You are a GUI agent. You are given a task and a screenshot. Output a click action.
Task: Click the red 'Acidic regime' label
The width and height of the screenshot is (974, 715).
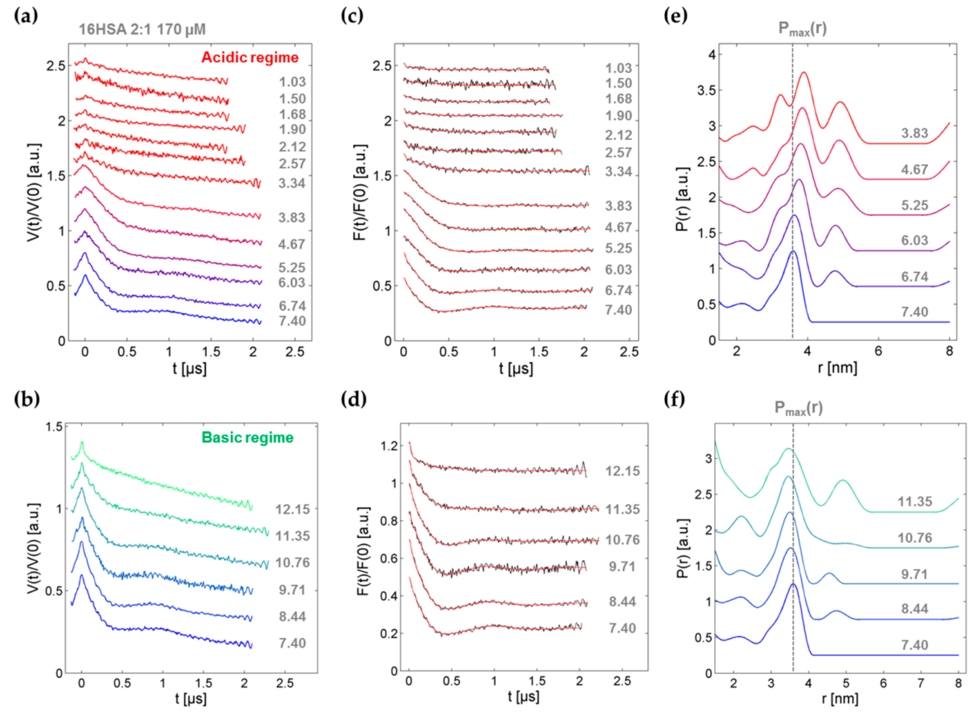(250, 58)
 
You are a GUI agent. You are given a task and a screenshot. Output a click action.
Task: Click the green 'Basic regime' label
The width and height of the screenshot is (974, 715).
(248, 437)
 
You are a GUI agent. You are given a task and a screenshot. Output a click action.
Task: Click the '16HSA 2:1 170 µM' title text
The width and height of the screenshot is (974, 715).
(142, 29)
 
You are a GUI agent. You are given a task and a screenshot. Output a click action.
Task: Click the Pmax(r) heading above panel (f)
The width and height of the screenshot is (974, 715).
(798, 408)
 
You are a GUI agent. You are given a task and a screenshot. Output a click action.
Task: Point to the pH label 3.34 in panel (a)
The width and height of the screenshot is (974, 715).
(292, 183)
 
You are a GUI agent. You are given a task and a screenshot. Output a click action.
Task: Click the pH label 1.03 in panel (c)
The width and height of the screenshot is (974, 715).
(618, 68)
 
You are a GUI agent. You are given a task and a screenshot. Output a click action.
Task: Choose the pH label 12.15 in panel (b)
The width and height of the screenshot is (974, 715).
(293, 509)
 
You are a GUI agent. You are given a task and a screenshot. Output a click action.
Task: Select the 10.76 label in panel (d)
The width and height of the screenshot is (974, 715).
(622, 540)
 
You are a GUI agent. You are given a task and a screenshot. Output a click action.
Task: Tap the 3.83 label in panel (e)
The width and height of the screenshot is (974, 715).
(915, 133)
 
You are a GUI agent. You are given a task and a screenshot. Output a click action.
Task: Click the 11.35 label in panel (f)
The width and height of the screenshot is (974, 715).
(915, 502)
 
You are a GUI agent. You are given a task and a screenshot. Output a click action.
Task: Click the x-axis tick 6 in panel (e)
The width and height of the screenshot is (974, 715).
(878, 351)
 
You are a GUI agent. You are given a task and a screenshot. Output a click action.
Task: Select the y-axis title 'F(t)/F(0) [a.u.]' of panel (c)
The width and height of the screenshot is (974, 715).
(361, 192)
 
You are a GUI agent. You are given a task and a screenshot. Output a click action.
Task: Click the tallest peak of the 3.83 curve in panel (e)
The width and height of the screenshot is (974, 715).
(804, 73)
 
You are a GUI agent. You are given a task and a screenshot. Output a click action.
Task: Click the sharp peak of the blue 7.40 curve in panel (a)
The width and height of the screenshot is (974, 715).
(85, 275)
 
